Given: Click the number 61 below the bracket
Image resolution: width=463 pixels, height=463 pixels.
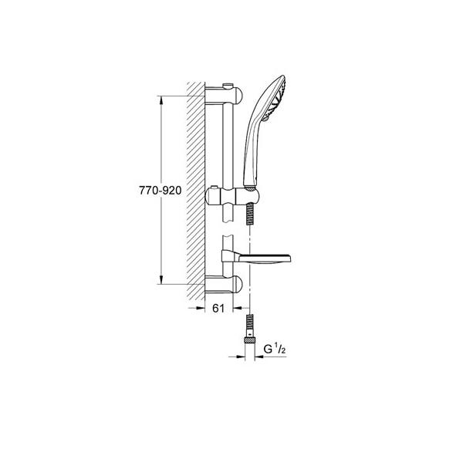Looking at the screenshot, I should [218, 309].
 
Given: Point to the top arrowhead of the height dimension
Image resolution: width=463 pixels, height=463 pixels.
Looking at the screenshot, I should [161, 99].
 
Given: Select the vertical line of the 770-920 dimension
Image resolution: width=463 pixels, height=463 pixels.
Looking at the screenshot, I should [161, 231].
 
